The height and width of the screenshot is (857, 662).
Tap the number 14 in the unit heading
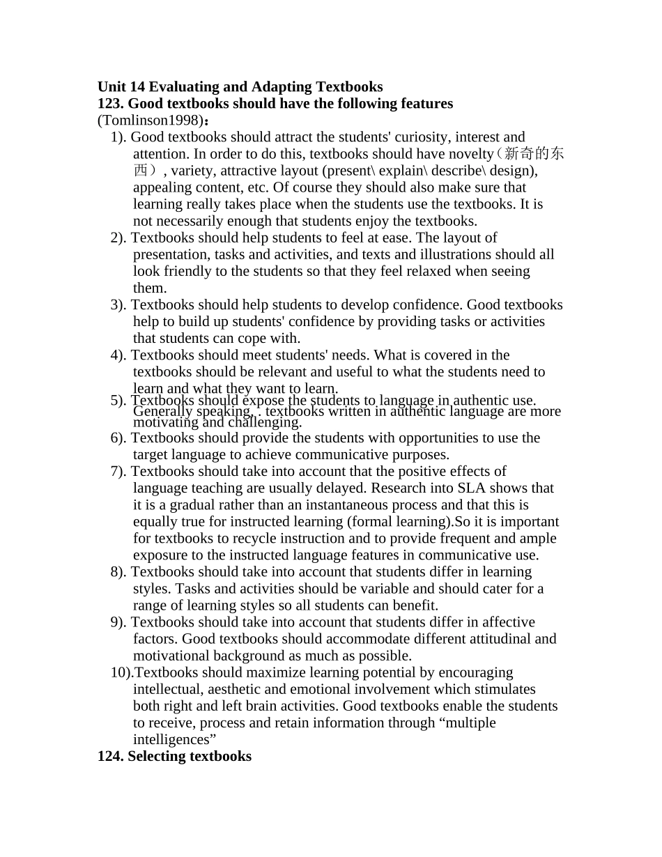[x=137, y=87]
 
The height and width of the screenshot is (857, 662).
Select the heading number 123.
[x=111, y=104]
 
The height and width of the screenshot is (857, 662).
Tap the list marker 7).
[x=118, y=472]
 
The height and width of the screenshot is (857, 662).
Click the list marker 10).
[x=121, y=672]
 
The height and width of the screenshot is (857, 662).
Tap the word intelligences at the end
[x=172, y=739]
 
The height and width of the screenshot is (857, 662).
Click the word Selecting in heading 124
[x=157, y=756]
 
